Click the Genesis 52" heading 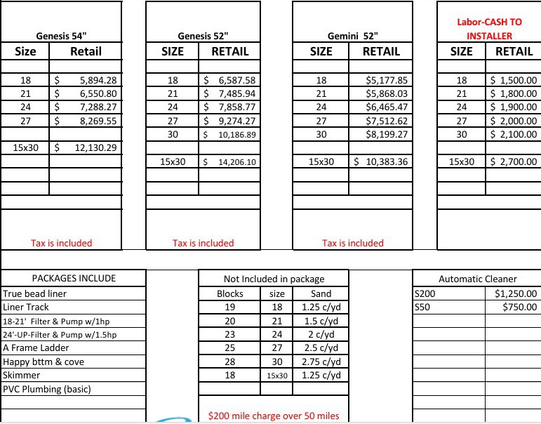(x=203, y=36)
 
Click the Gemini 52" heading (x=353, y=36)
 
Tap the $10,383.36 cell (x=382, y=161)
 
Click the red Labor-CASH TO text (x=489, y=22)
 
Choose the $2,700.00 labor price (x=514, y=161)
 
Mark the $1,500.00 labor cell (x=514, y=80)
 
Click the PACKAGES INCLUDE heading (x=74, y=278)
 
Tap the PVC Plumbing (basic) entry (x=47, y=389)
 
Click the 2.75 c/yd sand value (x=321, y=362)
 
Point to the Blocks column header (x=229, y=293)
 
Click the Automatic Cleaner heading (x=476, y=279)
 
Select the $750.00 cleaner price (x=519, y=307)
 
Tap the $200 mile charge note (x=274, y=416)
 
